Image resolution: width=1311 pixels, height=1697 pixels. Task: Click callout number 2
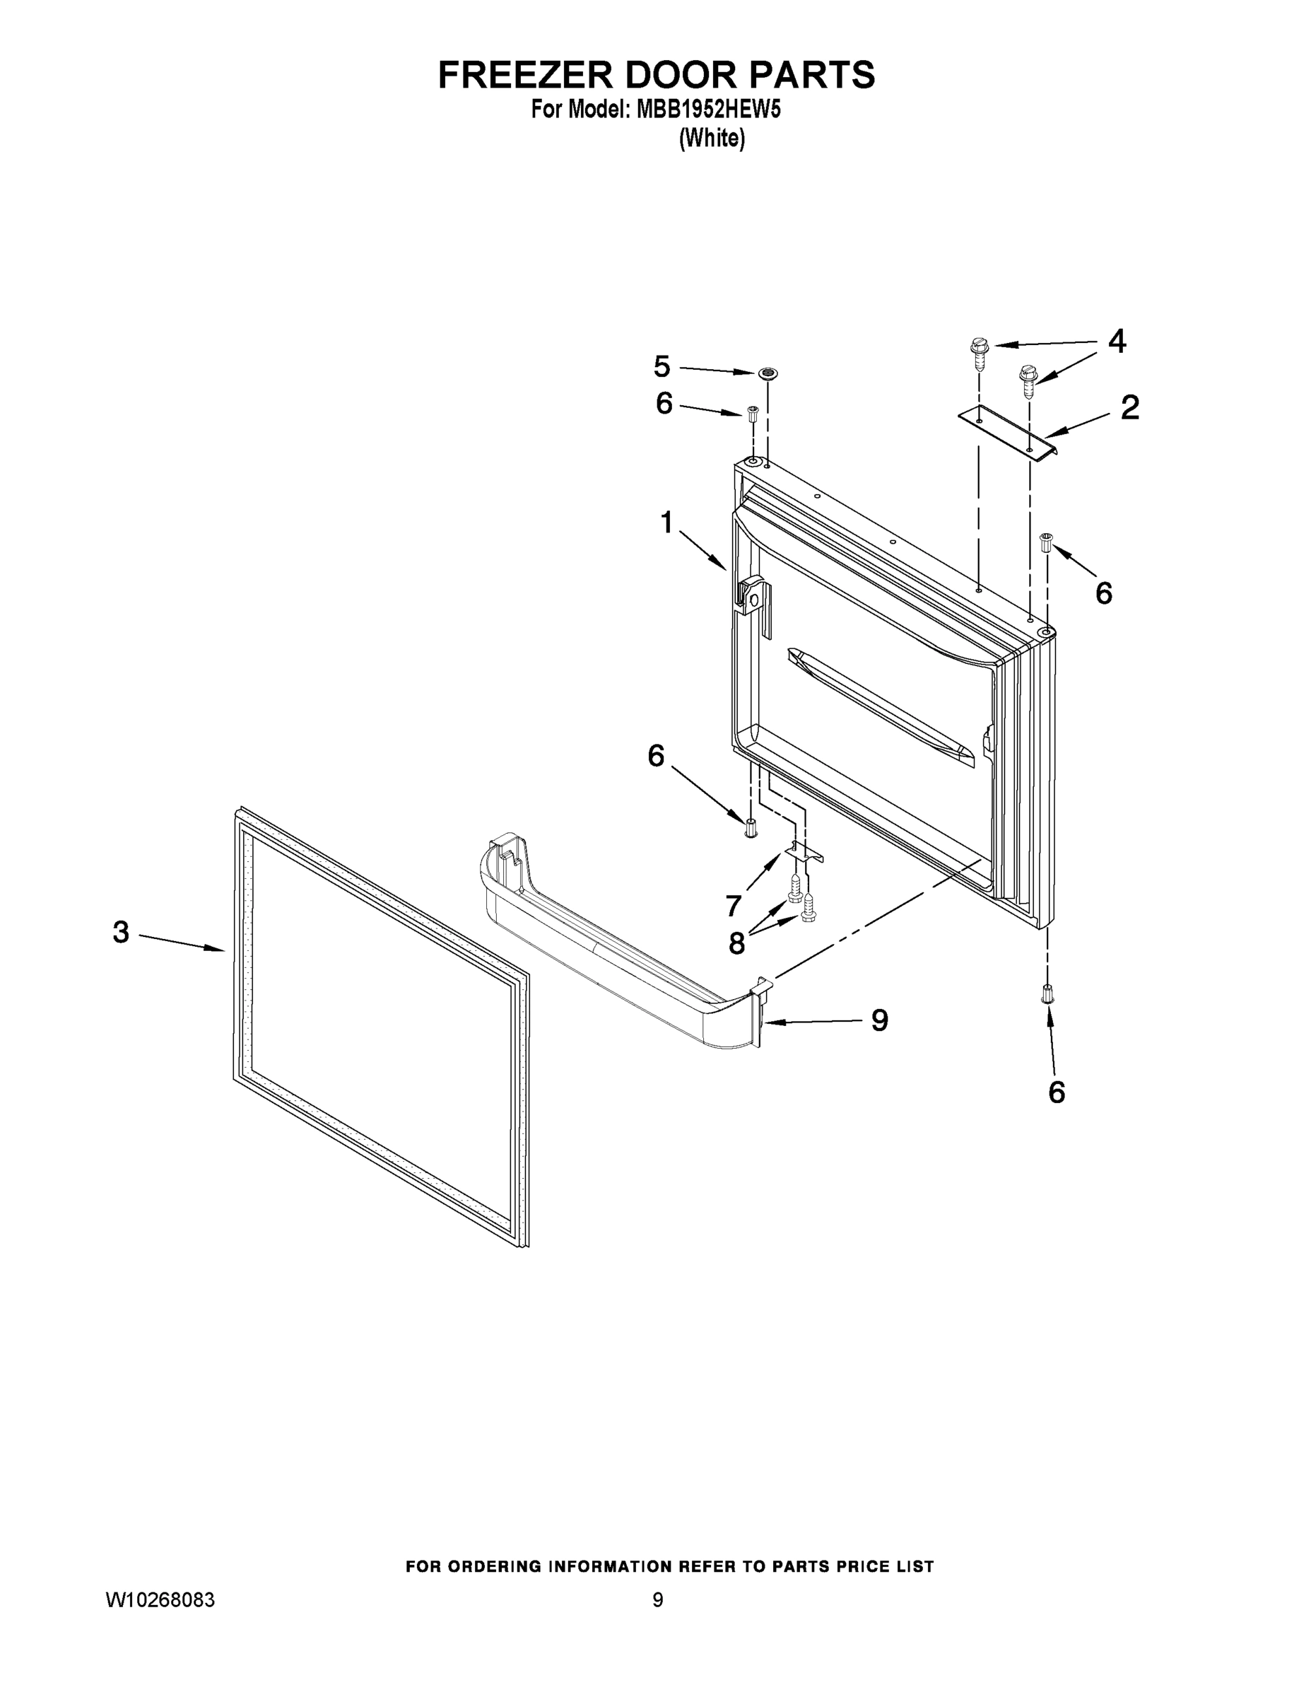tap(1129, 407)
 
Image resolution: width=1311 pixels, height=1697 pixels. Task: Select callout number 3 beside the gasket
tap(121, 932)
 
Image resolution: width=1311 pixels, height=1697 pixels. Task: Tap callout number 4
tap(1116, 340)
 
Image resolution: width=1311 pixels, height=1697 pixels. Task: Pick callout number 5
tap(662, 365)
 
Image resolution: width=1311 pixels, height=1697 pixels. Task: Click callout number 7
tap(733, 905)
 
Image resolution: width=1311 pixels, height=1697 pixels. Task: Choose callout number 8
tap(736, 943)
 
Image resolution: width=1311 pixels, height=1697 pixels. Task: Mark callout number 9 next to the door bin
tap(879, 1020)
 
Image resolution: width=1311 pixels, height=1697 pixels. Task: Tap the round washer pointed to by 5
tap(768, 374)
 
